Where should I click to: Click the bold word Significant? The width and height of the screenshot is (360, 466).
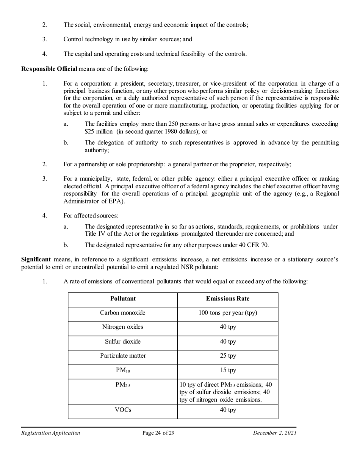click(36, 260)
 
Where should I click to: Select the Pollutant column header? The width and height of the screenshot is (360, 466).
click(123, 299)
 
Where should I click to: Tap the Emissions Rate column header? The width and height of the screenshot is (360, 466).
click(227, 299)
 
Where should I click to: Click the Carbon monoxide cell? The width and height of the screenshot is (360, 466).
click(123, 313)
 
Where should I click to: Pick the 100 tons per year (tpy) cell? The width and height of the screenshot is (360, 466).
click(227, 313)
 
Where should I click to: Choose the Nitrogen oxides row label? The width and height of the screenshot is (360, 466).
click(123, 327)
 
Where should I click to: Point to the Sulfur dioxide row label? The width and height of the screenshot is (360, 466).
click(123, 341)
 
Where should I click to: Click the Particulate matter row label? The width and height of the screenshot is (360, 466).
click(123, 356)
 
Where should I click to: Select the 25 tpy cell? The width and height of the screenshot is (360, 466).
click(227, 356)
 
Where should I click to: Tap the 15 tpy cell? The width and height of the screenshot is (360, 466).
click(227, 370)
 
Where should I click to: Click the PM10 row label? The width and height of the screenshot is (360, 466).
click(123, 371)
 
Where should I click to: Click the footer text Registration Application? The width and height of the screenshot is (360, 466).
click(50, 433)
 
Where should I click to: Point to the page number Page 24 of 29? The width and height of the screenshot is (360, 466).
click(158, 433)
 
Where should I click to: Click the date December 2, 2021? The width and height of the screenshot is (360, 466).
click(275, 433)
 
